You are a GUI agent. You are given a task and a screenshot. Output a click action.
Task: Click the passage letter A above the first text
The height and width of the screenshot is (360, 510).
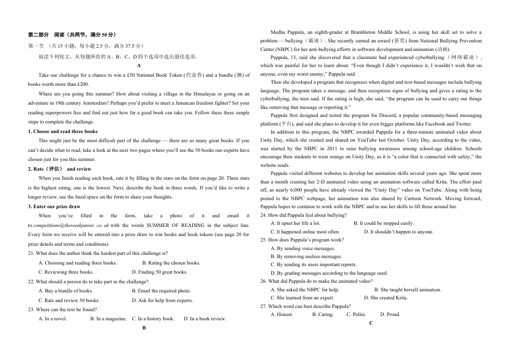139,65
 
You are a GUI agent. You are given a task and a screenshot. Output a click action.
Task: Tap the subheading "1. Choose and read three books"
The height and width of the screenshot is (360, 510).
62,131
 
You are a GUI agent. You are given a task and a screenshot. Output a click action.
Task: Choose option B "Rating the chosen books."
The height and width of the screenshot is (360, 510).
171,263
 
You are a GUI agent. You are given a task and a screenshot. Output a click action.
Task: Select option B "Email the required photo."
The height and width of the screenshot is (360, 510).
161,291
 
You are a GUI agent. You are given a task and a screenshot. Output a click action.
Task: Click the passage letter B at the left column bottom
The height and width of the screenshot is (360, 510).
144,327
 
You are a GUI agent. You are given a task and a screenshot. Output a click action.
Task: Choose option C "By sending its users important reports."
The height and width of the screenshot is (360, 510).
314,265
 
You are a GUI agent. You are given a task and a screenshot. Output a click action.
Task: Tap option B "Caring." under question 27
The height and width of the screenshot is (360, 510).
323,314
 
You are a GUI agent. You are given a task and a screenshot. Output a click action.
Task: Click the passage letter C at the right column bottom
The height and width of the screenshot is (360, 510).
371,323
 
